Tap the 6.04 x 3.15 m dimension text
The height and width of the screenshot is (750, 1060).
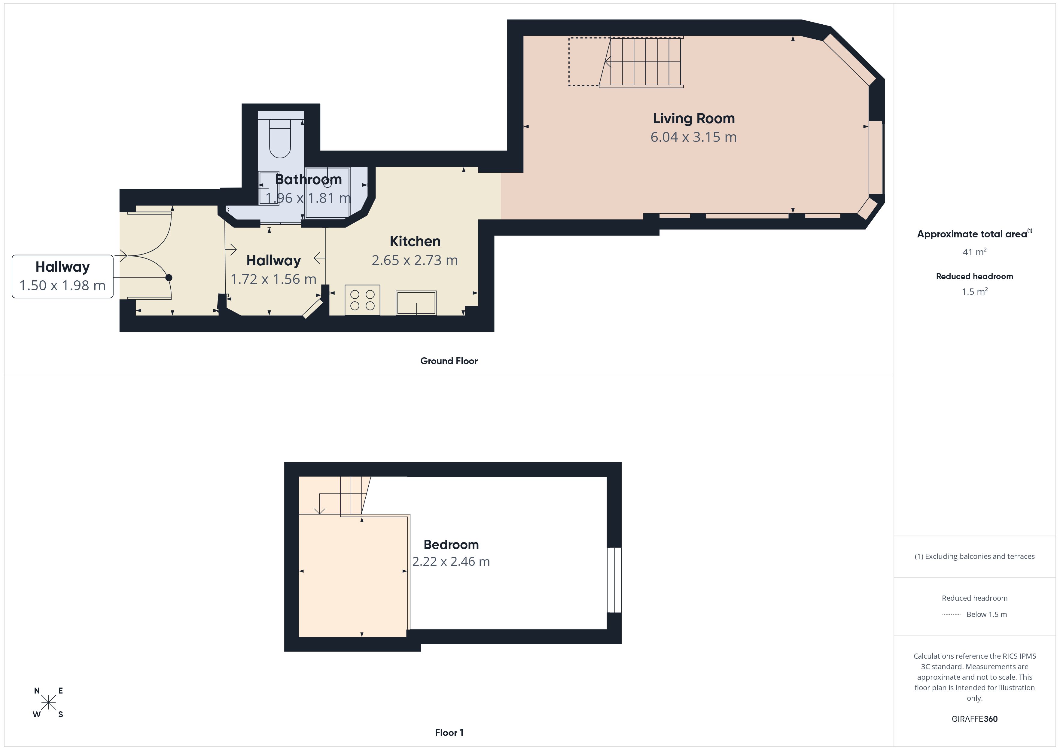click(693, 137)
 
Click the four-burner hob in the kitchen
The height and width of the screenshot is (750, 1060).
click(362, 300)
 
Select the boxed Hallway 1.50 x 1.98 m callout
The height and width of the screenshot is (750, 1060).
click(62, 276)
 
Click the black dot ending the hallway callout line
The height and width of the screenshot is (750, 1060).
click(169, 278)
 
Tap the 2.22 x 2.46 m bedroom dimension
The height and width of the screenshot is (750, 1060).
click(451, 562)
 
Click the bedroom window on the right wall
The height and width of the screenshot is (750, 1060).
click(614, 580)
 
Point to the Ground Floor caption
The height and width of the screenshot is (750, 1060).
click(449, 361)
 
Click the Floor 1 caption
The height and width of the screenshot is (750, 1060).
click(449, 733)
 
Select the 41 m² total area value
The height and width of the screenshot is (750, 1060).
click(975, 252)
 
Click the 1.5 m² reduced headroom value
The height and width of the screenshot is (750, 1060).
click(975, 291)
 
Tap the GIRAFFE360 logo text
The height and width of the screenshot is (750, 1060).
click(975, 719)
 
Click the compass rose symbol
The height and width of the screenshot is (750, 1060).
click(48, 703)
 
